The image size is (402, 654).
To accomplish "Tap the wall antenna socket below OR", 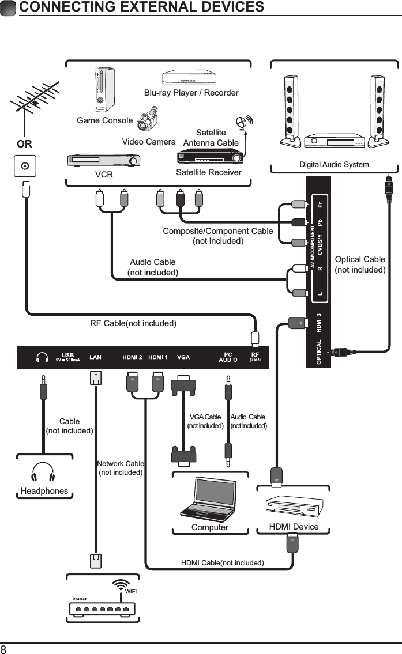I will [x=25, y=167].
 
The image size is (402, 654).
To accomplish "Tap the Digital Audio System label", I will [x=334, y=165].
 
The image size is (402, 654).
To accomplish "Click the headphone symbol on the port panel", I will [x=42, y=357].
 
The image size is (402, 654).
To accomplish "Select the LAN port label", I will [x=95, y=357].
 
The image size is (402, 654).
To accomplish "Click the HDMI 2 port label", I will [x=133, y=357].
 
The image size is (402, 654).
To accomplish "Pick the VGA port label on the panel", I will [x=183, y=357].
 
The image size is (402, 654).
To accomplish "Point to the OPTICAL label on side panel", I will [x=319, y=352].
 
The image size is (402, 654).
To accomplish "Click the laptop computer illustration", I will [x=209, y=499].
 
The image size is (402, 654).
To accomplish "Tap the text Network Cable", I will [x=120, y=463].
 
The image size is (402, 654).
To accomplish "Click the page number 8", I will [x=4, y=649].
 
